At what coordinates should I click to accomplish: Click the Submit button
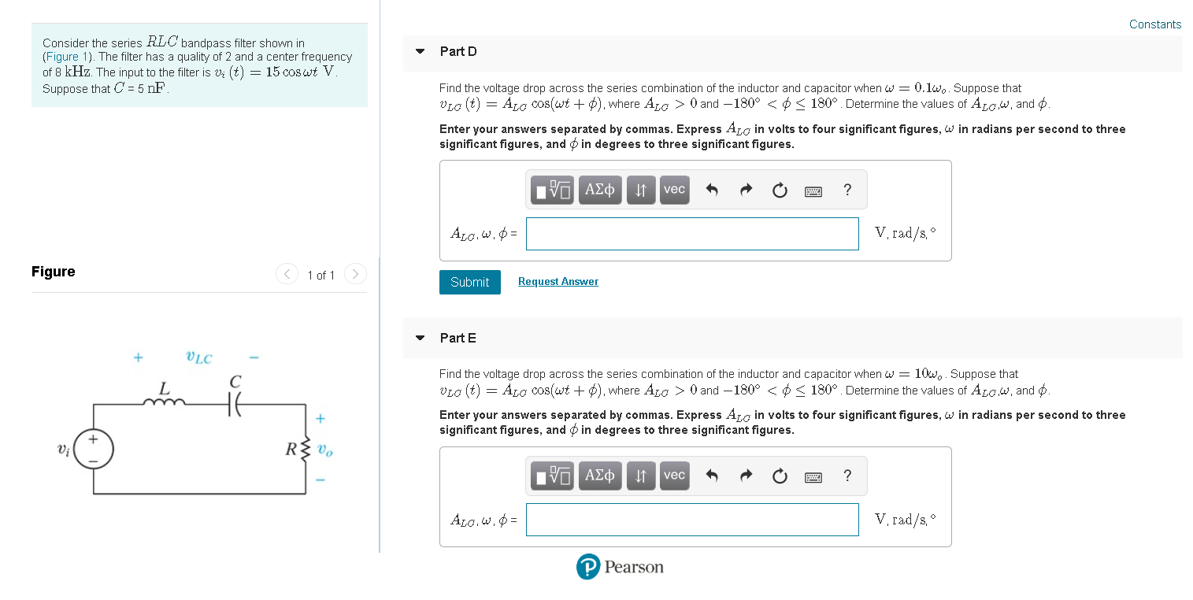[469, 282]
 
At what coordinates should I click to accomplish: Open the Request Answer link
[558, 282]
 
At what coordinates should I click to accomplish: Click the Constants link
[1154, 24]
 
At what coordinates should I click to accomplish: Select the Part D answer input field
[691, 234]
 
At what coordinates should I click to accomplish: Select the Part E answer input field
[691, 520]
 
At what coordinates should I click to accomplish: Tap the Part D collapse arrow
[421, 52]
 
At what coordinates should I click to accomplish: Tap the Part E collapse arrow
[421, 339]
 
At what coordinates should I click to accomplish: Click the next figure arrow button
[355, 275]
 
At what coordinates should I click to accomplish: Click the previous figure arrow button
[287, 275]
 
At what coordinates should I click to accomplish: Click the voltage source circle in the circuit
[94, 450]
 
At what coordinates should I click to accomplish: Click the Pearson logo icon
[587, 567]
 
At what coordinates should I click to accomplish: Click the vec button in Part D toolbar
[674, 190]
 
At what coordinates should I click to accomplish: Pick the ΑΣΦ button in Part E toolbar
[600, 476]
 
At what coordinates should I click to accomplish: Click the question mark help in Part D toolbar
[847, 190]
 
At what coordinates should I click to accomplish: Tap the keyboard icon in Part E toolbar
[813, 476]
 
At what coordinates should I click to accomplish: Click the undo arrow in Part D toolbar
[712, 190]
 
